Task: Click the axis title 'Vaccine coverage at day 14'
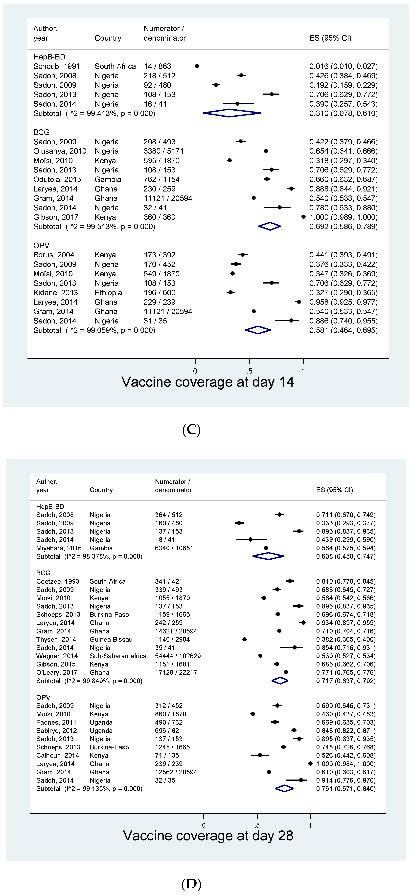[207, 382]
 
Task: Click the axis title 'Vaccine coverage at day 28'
[208, 836]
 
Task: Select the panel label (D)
[191, 884]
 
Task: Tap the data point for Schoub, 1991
[197, 66]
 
